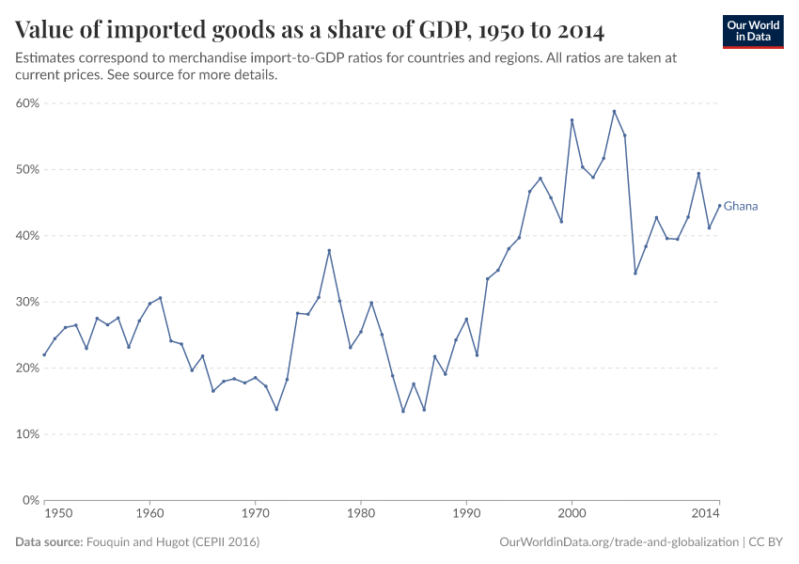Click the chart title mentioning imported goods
(x=309, y=30)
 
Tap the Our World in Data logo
(x=753, y=31)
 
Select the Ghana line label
(x=740, y=206)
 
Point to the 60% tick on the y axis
(x=26, y=103)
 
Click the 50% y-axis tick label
(x=26, y=169)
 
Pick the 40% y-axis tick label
(x=26, y=236)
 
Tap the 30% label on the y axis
(x=26, y=302)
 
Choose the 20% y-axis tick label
(x=26, y=368)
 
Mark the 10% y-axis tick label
(x=26, y=434)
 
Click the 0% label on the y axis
(x=30, y=500)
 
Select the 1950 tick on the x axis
(x=57, y=514)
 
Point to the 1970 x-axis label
(x=255, y=514)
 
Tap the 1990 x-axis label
(x=466, y=514)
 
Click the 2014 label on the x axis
(x=705, y=514)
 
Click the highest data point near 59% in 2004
(x=614, y=111)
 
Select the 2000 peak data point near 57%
(x=572, y=120)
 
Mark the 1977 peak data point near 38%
(x=329, y=250)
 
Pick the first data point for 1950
(x=44, y=354)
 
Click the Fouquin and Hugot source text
(x=172, y=542)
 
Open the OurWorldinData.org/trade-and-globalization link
(x=619, y=542)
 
